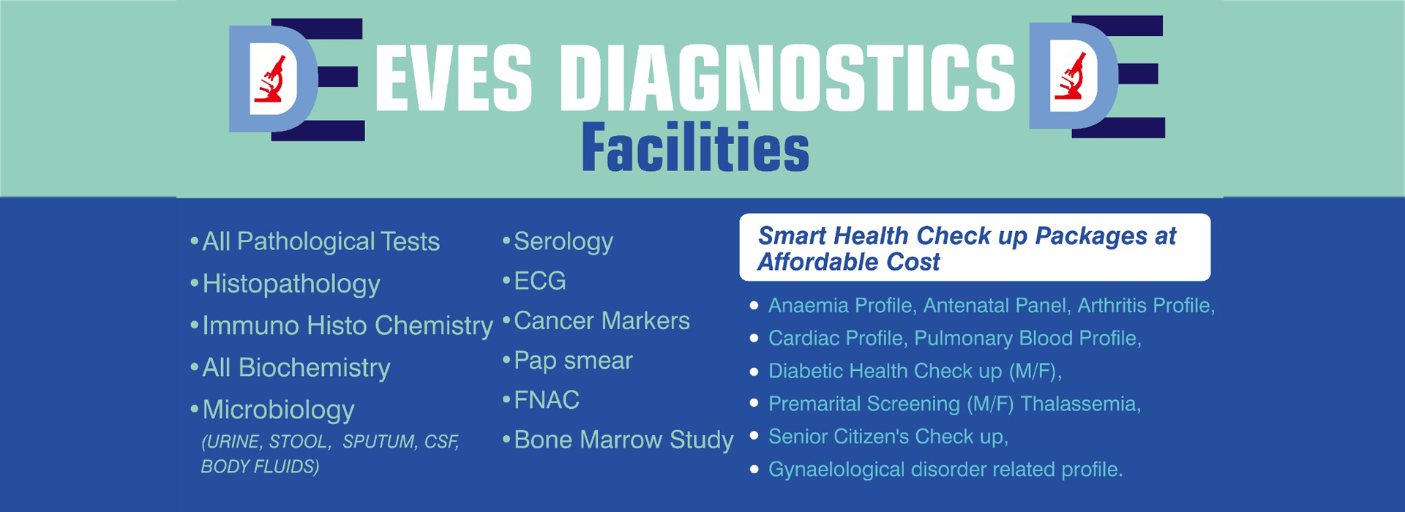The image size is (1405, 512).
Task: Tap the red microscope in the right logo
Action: click(x=1070, y=76)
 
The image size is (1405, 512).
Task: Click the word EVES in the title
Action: click(x=454, y=78)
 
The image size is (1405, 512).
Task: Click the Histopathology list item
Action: click(x=291, y=285)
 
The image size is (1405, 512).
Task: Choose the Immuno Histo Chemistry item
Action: click(x=348, y=325)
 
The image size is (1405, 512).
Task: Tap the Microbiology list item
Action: click(x=278, y=410)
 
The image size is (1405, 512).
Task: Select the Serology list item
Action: click(x=563, y=242)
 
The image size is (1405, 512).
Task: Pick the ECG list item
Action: click(x=540, y=281)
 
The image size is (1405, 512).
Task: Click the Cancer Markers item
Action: click(x=602, y=320)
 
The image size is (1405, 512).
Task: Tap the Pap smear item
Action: click(x=573, y=361)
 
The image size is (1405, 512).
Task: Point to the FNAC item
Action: click(x=547, y=400)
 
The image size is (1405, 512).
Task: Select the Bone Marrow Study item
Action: click(x=623, y=440)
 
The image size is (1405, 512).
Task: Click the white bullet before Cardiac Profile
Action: click(x=754, y=339)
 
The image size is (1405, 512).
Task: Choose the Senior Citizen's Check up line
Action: click(x=888, y=437)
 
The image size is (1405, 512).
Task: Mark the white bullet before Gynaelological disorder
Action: click(x=754, y=470)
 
